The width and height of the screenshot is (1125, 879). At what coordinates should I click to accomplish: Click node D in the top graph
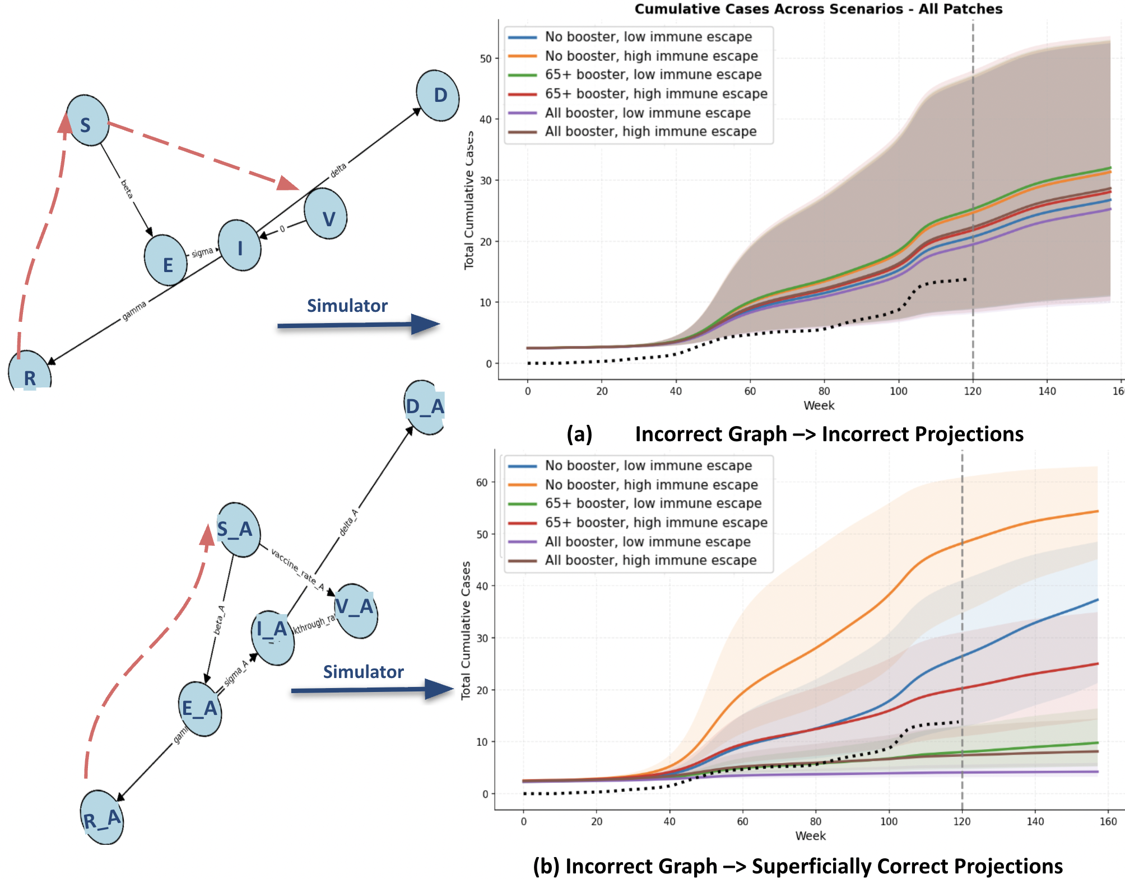point(438,95)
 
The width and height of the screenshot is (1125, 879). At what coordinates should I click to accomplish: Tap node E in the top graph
point(166,261)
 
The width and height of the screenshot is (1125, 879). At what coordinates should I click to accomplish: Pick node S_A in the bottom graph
point(239,530)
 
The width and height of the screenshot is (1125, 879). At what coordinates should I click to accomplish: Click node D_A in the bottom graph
point(424,407)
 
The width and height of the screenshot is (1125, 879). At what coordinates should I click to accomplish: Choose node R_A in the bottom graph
point(102,818)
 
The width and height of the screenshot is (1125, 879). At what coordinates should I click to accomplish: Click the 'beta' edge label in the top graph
point(127,189)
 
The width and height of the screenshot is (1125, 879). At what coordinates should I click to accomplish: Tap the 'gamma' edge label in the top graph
point(134,311)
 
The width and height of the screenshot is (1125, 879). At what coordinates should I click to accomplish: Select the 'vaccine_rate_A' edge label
point(297,569)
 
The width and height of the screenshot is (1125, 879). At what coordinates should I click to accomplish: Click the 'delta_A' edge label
point(348,523)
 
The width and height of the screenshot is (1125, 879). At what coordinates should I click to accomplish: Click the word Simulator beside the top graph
point(347,306)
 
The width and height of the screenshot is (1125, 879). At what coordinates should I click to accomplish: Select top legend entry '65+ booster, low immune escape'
point(653,74)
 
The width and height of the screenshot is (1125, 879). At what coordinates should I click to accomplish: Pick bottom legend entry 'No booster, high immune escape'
point(651,485)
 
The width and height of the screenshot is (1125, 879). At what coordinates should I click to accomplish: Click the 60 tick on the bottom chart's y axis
point(482,482)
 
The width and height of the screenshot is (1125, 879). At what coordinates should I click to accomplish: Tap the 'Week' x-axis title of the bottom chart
point(810,836)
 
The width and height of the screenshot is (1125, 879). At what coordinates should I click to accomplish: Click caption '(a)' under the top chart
point(579,434)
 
